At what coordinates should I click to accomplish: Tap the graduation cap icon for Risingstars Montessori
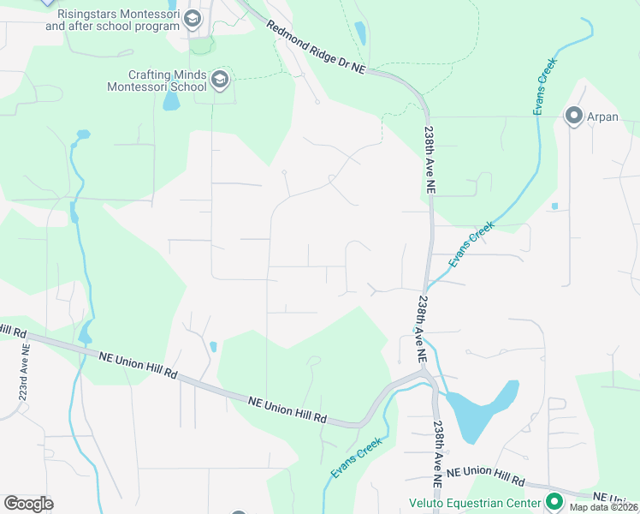tap(193, 19)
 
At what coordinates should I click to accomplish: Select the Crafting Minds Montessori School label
tap(156, 81)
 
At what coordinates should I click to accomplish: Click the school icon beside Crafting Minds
tap(220, 81)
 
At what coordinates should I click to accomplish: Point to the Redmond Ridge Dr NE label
tap(316, 50)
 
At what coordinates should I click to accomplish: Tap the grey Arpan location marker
tap(573, 117)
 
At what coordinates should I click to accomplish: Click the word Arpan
tap(602, 117)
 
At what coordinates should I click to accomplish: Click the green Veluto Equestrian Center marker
tap(554, 502)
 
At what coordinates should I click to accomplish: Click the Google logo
tap(28, 503)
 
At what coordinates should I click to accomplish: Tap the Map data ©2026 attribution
tap(604, 507)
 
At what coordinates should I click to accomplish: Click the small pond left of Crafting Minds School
tap(171, 101)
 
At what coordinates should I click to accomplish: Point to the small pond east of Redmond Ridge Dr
tap(360, 33)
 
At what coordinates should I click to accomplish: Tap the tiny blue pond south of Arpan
tap(554, 206)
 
